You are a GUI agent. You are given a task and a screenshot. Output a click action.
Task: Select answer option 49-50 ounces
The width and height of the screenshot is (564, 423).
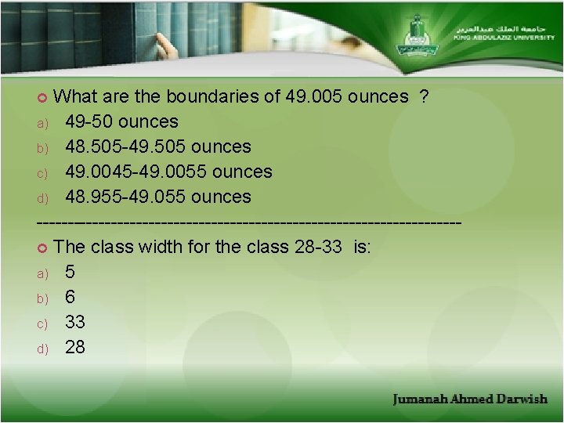point(121,122)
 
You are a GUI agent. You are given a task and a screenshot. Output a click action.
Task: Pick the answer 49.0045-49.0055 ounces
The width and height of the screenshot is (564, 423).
point(168,172)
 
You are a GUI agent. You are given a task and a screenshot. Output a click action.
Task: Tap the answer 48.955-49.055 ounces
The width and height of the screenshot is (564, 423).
point(157,197)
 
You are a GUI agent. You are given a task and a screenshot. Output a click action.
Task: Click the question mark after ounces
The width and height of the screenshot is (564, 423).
point(423,97)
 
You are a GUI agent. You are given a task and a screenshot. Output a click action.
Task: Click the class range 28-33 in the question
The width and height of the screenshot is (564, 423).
point(318,248)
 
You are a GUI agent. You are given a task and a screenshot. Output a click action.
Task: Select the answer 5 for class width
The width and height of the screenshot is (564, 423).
point(70,273)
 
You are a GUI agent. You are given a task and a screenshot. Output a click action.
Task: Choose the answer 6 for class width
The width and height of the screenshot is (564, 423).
point(70,297)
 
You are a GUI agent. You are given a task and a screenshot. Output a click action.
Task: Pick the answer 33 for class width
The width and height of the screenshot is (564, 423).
point(75,322)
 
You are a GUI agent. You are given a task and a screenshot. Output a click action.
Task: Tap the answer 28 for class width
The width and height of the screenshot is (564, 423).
point(75,347)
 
